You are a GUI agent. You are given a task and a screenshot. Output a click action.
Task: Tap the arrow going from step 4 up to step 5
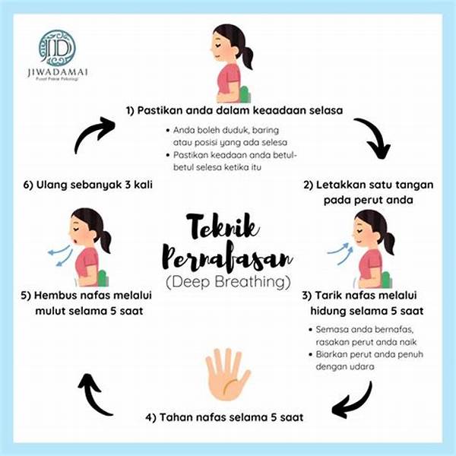pyautogui.click(x=95, y=394)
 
